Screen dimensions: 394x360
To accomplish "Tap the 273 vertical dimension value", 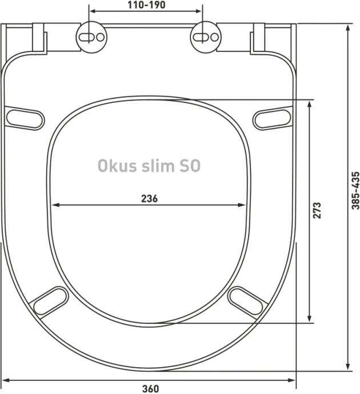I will (318, 210).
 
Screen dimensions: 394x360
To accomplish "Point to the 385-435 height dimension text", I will (355, 189).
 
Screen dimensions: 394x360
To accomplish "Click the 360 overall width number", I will (150, 389).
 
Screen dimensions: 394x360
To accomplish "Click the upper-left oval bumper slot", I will (25, 118).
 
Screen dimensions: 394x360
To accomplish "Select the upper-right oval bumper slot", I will (272, 118).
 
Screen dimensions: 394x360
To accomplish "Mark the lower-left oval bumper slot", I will (50, 301).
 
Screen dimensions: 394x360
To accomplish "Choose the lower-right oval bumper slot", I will (246, 301).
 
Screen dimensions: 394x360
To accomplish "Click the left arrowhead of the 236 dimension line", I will (54, 206).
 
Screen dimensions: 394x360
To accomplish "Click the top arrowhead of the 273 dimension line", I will (309, 103).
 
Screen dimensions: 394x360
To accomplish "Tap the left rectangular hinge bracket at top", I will (40, 38).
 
